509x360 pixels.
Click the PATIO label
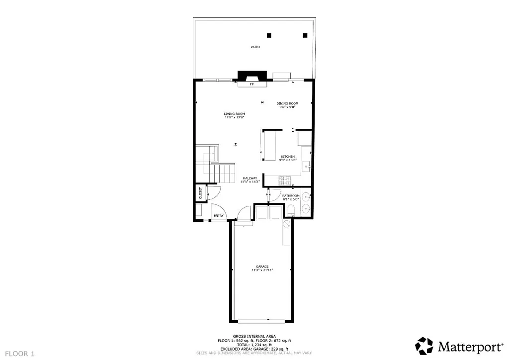[255, 47]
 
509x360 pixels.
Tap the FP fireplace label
[252, 85]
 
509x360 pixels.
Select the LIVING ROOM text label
[234, 114]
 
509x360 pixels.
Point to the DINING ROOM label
[287, 103]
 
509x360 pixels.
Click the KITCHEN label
[288, 157]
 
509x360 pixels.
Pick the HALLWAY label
[250, 178]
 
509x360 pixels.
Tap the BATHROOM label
[291, 196]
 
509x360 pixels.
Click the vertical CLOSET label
[201, 193]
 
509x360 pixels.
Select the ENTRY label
[218, 215]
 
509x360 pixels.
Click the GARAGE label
[262, 266]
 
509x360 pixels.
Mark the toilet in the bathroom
[291, 211]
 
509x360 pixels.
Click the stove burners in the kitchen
[285, 180]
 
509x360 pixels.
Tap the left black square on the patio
[269, 35]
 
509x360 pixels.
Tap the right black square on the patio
[305, 35]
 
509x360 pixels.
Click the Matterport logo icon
[424, 346]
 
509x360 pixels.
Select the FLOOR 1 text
[18, 354]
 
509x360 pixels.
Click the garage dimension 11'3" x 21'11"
[262, 270]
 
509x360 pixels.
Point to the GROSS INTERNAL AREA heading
[254, 336]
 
